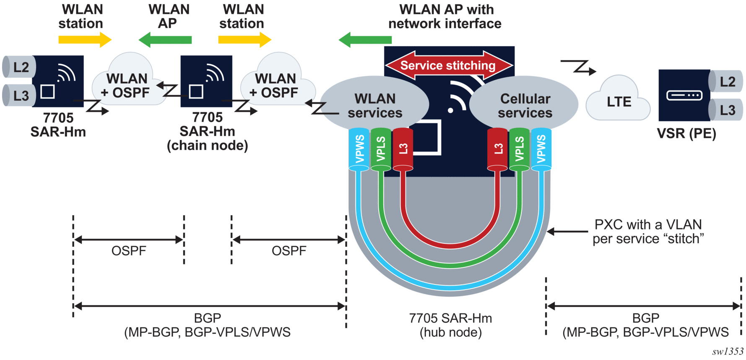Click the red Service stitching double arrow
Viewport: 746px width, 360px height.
coord(449,65)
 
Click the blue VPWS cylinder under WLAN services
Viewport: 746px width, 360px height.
coord(359,149)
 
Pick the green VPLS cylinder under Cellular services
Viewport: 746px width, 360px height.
coord(520,149)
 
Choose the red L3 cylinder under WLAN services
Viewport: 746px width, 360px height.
coord(403,149)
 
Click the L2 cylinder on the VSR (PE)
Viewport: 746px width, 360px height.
coord(725,81)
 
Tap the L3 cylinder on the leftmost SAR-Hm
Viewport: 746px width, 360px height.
coord(19,95)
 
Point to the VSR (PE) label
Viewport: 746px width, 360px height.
coord(686,133)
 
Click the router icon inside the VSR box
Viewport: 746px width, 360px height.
coord(684,96)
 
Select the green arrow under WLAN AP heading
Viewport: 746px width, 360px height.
coord(165,40)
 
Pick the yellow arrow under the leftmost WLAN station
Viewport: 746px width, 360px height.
coord(85,40)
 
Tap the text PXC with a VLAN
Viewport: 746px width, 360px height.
coord(648,224)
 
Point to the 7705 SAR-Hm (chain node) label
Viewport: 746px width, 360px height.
coord(207,131)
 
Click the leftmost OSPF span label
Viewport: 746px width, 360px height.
coord(129,251)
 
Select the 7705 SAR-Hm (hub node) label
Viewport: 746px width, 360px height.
coord(451,325)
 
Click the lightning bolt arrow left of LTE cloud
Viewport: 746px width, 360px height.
coord(578,67)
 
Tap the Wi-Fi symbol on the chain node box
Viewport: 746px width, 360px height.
coord(215,73)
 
